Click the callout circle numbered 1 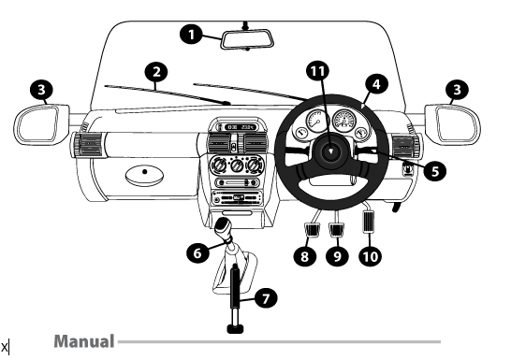tap(192, 35)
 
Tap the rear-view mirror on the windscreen tap(247, 39)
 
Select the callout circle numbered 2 tap(156, 72)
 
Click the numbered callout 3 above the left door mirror tap(41, 90)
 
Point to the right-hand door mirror tap(452, 124)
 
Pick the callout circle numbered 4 tap(376, 84)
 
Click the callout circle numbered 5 tap(435, 171)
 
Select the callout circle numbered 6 tap(197, 252)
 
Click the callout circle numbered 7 tap(266, 298)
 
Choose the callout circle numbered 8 tap(304, 256)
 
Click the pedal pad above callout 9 tap(336, 230)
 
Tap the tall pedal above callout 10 tap(370, 222)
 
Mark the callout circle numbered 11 tap(318, 71)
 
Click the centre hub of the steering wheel tap(330, 151)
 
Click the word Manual tap(84, 341)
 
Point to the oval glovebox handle tap(144, 175)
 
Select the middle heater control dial tap(237, 166)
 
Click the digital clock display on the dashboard tap(241, 127)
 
